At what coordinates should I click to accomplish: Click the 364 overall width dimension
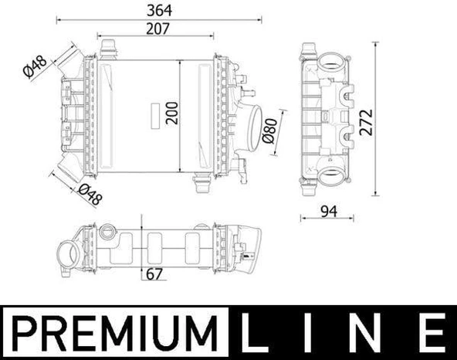pyautogui.click(x=159, y=10)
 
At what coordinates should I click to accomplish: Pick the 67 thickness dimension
pyautogui.click(x=153, y=273)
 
